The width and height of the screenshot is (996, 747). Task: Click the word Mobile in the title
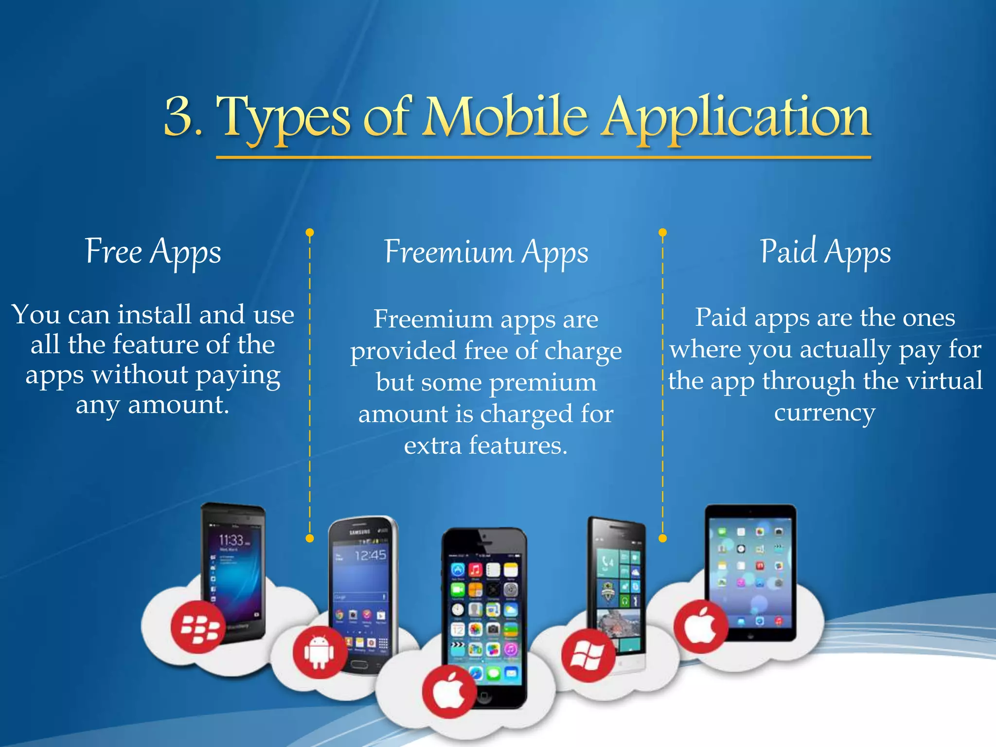(506, 117)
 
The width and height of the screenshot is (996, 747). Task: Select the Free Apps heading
(153, 252)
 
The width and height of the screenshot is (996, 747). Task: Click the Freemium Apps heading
(486, 252)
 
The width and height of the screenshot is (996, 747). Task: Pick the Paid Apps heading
(825, 252)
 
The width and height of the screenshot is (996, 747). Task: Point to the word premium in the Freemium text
(543, 382)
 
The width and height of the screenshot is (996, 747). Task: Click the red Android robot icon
(320, 652)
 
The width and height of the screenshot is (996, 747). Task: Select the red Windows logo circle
(587, 655)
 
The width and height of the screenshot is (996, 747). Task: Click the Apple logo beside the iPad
(700, 626)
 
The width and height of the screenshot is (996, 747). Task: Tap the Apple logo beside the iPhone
(448, 692)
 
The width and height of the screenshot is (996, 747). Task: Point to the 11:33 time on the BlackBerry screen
(231, 540)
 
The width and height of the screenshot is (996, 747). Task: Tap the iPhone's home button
(484, 696)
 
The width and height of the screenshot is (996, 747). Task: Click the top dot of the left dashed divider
(310, 232)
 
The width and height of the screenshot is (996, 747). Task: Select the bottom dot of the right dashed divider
(662, 538)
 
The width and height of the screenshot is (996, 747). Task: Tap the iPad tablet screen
(750, 574)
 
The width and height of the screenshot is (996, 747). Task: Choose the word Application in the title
(735, 117)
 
